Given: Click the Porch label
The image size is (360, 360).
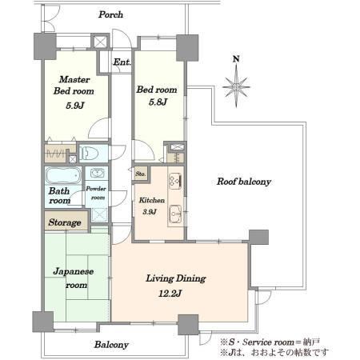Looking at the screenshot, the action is (110, 14).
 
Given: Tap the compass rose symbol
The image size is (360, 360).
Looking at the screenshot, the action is (236, 86).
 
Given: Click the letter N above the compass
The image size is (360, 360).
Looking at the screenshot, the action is (236, 59).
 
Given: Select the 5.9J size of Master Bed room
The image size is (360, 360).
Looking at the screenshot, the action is (75, 106).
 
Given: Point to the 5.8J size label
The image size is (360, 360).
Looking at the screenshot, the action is (158, 102).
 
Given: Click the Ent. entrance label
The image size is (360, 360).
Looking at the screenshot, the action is (122, 62).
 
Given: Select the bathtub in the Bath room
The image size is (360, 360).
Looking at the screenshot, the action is (63, 175).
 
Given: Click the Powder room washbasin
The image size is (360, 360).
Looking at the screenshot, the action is (96, 173).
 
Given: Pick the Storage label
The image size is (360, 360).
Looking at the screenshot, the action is (65, 222).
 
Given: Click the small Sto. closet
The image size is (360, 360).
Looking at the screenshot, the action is (141, 174).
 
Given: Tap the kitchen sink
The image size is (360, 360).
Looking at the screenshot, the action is (175, 213).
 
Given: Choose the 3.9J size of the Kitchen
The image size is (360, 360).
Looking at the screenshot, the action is (150, 212).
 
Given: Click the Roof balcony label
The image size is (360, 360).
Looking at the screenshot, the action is (244, 182).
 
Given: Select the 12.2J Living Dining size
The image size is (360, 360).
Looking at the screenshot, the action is (170, 294).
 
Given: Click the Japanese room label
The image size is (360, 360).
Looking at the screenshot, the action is (74, 278).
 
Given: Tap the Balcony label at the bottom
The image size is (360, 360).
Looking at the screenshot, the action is (111, 345).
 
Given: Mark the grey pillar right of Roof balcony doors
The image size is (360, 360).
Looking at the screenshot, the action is (258, 237).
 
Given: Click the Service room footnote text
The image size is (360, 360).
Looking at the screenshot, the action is (270, 342).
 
